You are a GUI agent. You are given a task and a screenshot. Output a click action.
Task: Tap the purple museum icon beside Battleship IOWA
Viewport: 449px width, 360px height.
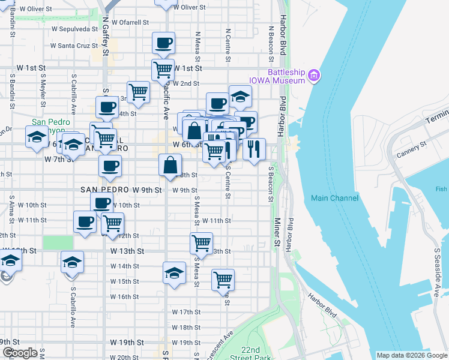point(314,75)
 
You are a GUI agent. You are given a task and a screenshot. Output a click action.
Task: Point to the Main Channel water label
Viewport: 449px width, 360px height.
point(334,198)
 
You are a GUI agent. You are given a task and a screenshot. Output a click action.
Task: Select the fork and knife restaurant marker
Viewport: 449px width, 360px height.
point(255,149)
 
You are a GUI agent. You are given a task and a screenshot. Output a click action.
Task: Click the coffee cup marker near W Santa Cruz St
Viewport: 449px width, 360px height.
point(163,43)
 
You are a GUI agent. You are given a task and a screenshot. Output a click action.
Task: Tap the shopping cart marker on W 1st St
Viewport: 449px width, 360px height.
point(163,70)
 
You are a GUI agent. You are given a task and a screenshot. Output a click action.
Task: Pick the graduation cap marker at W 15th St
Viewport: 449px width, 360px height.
point(174,272)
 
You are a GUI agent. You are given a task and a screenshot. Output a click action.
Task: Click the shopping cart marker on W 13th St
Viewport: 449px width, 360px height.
point(201,243)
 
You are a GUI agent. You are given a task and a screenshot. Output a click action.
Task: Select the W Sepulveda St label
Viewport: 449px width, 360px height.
point(74,28)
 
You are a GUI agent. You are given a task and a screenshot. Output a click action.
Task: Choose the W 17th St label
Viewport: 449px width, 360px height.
point(185,312)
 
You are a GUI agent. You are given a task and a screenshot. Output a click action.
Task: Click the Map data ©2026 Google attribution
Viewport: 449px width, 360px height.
point(412,355)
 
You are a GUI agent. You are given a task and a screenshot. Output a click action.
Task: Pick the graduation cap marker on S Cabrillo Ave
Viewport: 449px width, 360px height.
point(72,262)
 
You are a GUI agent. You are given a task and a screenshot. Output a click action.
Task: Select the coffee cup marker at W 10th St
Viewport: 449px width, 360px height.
point(102,203)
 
